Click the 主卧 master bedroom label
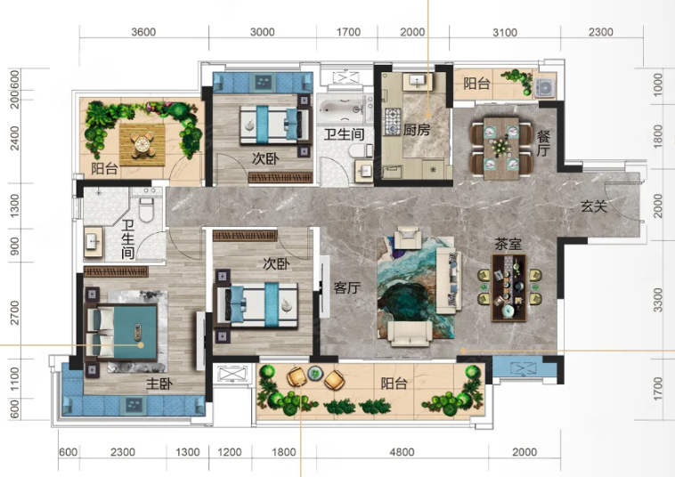[159, 384]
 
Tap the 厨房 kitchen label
[416, 129]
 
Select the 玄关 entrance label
[594, 206]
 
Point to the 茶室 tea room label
[508, 244]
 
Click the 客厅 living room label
[346, 287]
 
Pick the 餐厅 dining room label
[543, 143]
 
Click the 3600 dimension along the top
[143, 32]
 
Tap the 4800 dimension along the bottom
[402, 452]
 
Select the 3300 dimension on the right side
[657, 300]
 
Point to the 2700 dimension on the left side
[14, 312]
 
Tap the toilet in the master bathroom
[146, 209]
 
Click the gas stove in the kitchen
[392, 121]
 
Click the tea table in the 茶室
[508, 287]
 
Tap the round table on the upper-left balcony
[142, 144]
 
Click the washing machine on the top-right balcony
[545, 87]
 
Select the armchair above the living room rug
[408, 238]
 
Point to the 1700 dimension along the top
[348, 32]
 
